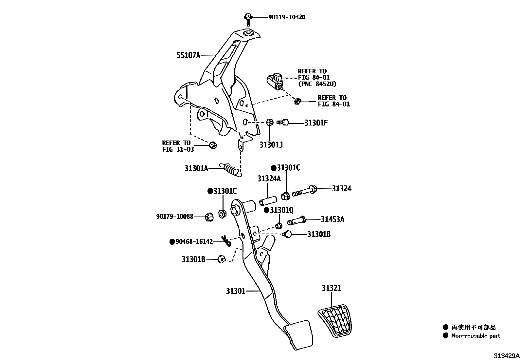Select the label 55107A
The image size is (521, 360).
188,55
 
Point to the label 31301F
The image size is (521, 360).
316,123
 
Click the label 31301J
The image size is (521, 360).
271,144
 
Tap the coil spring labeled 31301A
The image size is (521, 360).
230,169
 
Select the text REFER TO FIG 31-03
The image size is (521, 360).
178,146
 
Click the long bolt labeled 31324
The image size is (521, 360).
303,191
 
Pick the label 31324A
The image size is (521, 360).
269,179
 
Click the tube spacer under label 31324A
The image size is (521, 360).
268,200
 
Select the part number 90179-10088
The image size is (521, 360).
174,217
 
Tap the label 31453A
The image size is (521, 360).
332,219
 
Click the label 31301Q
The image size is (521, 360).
281,210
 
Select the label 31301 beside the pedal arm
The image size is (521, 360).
235,291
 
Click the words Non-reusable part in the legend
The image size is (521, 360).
475,335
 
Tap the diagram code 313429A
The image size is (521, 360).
507,356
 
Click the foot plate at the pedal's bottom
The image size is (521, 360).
298,334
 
